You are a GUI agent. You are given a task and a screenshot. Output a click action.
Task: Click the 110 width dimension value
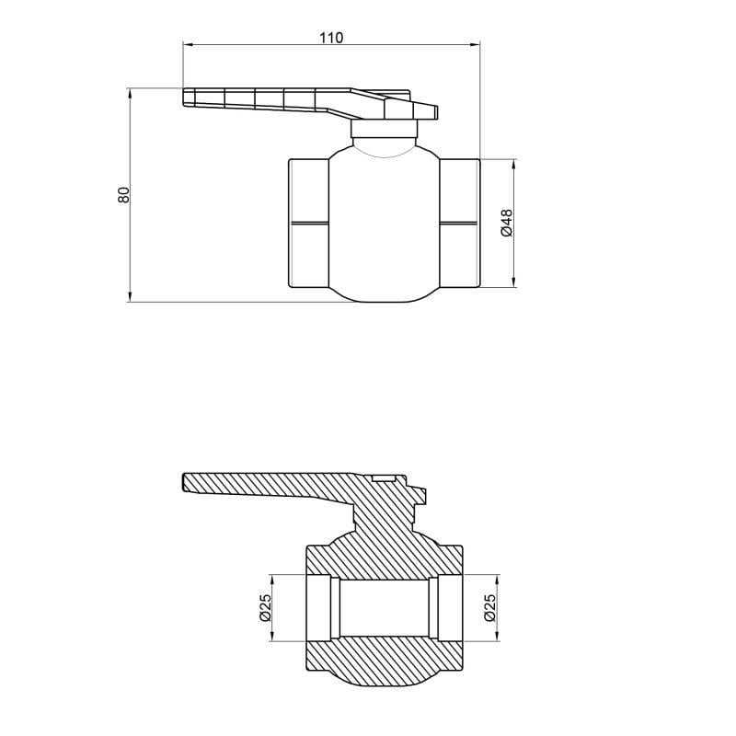(331, 38)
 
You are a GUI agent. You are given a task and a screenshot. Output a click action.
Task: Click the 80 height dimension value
(123, 194)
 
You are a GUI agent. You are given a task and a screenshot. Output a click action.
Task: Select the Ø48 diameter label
(506, 224)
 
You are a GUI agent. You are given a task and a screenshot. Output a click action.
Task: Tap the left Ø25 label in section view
(265, 607)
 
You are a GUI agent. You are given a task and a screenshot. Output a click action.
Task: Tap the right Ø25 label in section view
(489, 607)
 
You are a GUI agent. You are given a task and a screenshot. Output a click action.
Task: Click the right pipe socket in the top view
(459, 224)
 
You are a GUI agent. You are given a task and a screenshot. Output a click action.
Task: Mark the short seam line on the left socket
(308, 223)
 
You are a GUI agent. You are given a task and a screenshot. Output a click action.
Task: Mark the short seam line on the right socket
(459, 223)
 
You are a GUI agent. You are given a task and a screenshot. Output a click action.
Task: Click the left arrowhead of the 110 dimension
(187, 43)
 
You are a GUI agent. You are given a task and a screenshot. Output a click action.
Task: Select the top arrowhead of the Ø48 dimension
(512, 163)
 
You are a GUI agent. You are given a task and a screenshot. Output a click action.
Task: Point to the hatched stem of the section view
(386, 520)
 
